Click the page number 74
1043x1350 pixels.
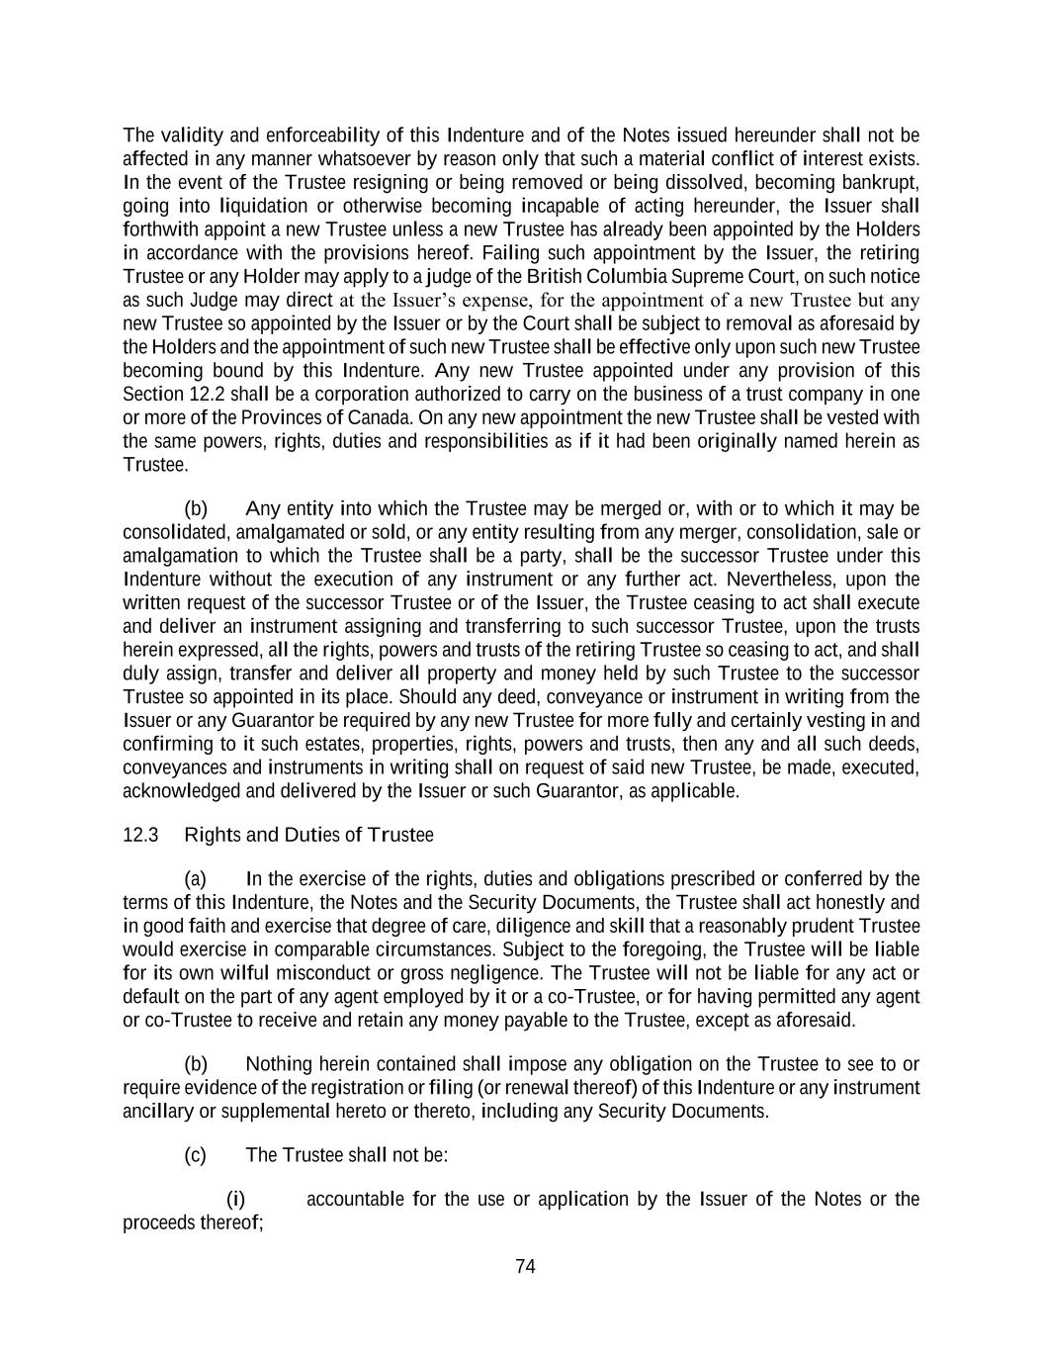point(525,1267)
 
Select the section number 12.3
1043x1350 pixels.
point(140,835)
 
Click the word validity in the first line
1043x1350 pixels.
point(192,135)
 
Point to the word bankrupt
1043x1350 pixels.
point(881,182)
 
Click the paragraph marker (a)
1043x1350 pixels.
point(196,878)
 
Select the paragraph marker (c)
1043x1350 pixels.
point(196,1155)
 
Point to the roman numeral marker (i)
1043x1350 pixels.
point(236,1200)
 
